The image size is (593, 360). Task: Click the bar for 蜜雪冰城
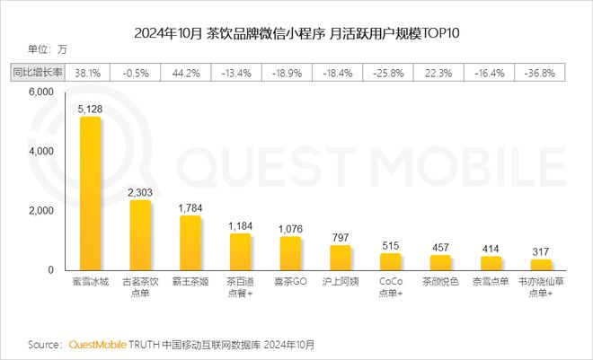[x=90, y=194]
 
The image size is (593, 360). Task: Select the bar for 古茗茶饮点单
[x=140, y=235]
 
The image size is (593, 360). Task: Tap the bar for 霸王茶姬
[x=190, y=243]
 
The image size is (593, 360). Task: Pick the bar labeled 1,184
[x=240, y=252]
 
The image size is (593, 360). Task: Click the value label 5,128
[x=89, y=109]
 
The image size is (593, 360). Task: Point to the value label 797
[x=340, y=237]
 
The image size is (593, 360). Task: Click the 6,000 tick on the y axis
[x=41, y=93]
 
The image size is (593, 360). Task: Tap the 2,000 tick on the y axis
[x=41, y=211]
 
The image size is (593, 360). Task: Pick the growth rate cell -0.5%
[x=139, y=71]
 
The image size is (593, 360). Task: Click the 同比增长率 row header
[x=38, y=71]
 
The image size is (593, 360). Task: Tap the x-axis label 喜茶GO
[x=289, y=282]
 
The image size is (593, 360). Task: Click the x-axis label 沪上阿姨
[x=340, y=282]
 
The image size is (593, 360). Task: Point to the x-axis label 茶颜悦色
[x=440, y=282]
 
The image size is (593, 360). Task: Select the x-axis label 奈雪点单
[x=490, y=282]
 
